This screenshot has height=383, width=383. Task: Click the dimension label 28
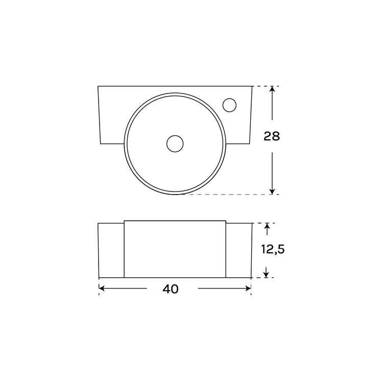272,136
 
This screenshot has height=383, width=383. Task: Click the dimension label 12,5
273,250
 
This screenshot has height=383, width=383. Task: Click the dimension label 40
170,289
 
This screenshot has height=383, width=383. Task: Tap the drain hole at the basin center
175,143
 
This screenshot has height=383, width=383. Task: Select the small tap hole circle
229,105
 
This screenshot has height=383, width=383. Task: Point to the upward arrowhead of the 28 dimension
272,89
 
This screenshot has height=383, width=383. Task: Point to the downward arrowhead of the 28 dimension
272,192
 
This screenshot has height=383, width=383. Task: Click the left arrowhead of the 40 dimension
102,289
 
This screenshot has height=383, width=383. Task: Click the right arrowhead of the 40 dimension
248,289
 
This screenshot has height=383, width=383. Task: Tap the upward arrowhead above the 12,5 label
267,226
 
